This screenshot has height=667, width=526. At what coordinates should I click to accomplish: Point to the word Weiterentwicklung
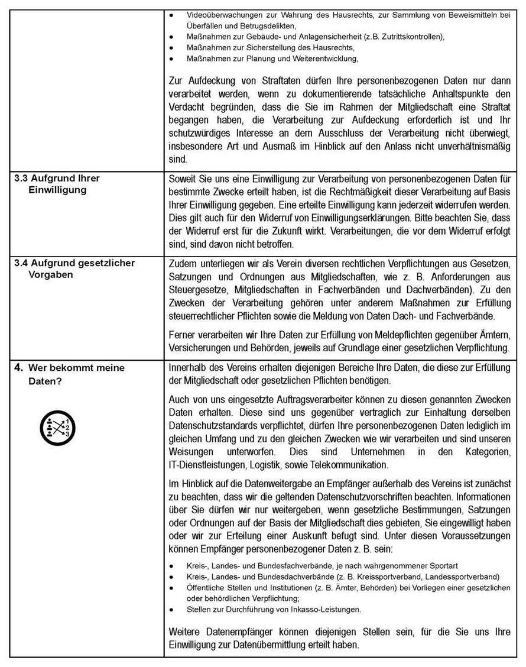pos(322,59)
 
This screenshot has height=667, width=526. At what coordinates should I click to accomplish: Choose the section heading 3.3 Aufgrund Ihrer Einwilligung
pos(57,184)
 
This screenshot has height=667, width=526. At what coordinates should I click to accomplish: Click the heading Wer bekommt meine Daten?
pos(76,374)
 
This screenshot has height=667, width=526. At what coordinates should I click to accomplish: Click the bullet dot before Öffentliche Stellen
pos(171,588)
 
